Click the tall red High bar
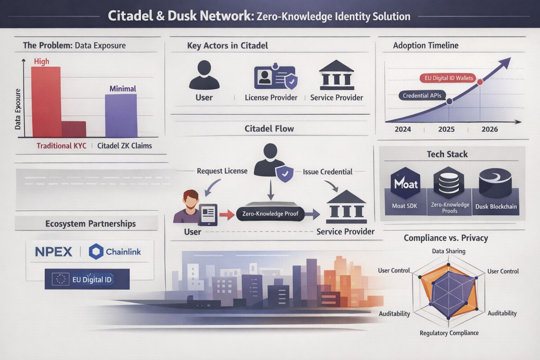click(x=46, y=102)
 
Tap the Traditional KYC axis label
click(x=62, y=146)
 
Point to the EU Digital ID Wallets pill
click(x=449, y=78)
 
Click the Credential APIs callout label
click(x=422, y=96)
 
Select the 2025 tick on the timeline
click(x=446, y=129)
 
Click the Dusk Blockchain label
click(x=496, y=207)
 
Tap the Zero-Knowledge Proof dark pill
click(x=270, y=214)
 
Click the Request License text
click(x=222, y=171)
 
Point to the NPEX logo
click(x=54, y=252)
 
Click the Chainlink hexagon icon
click(x=96, y=252)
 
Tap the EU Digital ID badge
click(x=87, y=279)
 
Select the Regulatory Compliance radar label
click(x=449, y=333)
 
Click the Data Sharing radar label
click(x=449, y=251)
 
